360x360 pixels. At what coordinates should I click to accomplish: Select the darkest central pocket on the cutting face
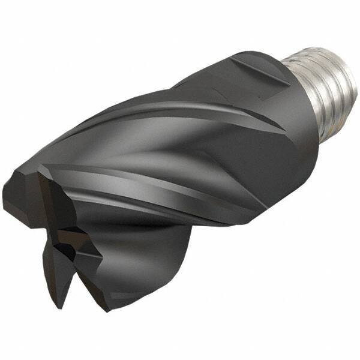(66, 252)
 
